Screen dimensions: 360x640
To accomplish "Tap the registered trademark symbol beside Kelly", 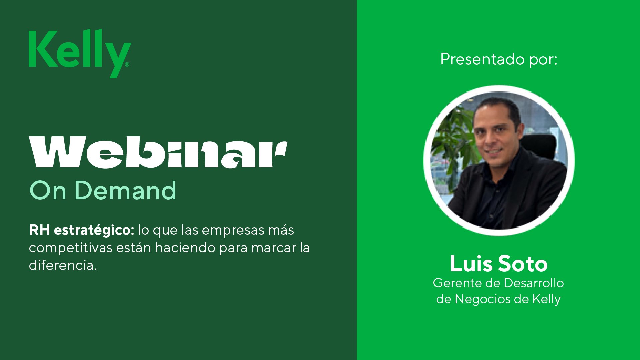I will coord(127,64).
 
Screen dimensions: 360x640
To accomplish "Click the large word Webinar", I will coord(158,152).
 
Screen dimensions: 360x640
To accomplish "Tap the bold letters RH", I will coord(39,230).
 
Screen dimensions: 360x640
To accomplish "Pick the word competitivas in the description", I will coord(70,248).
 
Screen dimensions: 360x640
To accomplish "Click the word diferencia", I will coord(63,266).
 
